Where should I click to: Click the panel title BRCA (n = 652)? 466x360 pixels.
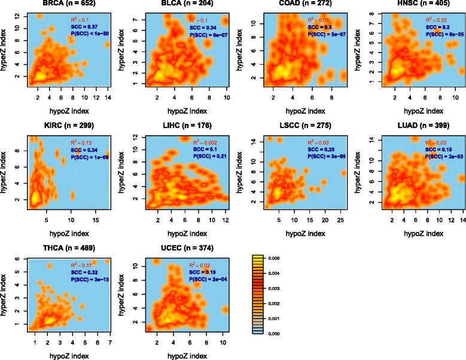[x=58, y=5]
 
